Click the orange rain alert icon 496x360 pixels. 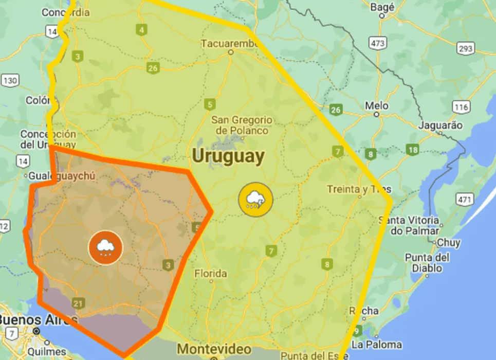point(105,247)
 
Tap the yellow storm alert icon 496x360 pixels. point(255,200)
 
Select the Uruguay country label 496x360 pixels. point(229,156)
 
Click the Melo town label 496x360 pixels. point(376,105)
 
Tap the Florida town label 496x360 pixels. point(211,274)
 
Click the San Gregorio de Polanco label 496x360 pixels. point(242,125)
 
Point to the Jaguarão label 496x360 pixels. point(440,125)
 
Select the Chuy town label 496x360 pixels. point(449,242)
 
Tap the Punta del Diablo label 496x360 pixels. point(427,263)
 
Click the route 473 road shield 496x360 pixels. point(378,43)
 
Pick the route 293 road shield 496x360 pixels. point(466,49)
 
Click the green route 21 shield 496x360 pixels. point(78,303)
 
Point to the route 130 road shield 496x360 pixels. point(10,80)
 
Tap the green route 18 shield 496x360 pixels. point(412,150)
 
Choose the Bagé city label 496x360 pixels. point(382,7)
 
